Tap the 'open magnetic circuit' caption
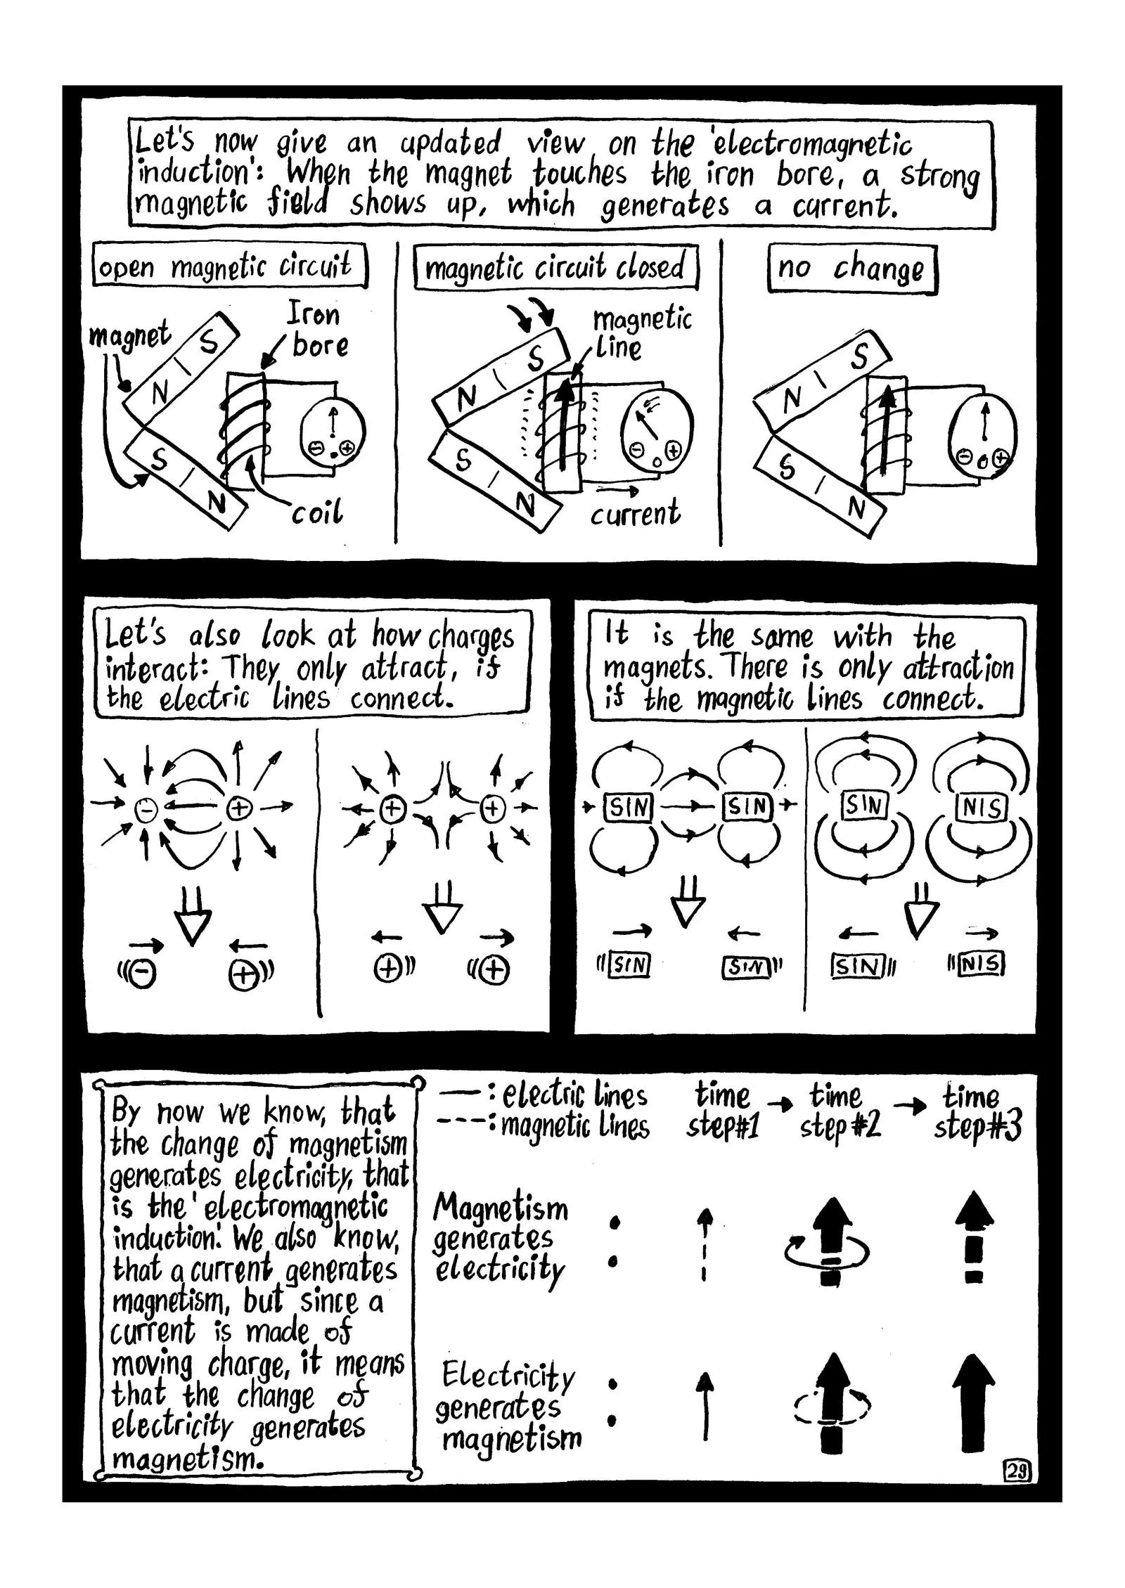tap(229, 266)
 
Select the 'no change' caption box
tap(852, 269)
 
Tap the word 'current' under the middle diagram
tap(635, 512)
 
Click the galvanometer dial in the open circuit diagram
tap(333, 431)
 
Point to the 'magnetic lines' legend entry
tap(575, 1125)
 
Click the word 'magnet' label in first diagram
tap(130, 335)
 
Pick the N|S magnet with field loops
tap(981, 808)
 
